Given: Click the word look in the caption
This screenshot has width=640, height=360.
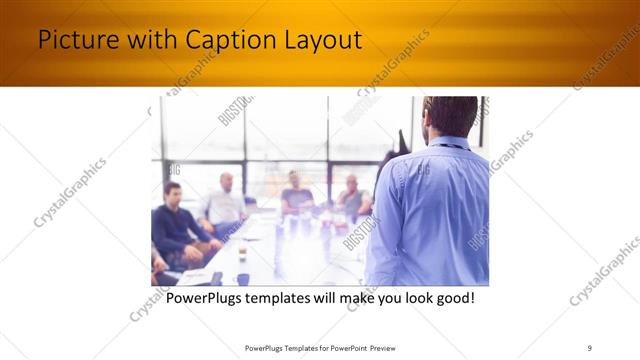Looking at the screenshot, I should [409, 299].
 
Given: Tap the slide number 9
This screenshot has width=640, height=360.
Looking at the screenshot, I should [590, 347].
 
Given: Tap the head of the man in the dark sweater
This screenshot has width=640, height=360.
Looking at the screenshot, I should [172, 191].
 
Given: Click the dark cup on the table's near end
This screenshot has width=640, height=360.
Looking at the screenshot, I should [243, 279].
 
